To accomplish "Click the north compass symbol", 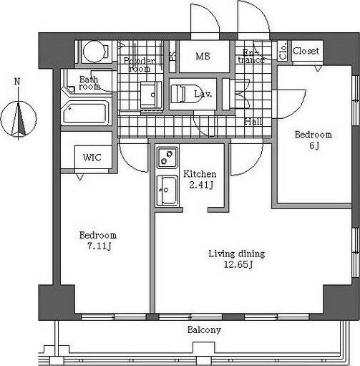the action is (19, 119).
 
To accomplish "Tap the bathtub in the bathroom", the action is (85, 112).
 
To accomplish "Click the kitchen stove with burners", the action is (167, 158).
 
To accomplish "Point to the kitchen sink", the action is (167, 191).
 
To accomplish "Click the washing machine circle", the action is (94, 52).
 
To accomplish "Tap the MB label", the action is (203, 57).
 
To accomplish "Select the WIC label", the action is (92, 158).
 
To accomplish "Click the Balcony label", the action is (204, 330).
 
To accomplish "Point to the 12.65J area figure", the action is (238, 264).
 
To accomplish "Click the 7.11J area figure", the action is (99, 246).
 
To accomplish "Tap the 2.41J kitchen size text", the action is (201, 185).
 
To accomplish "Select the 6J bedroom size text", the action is (314, 145).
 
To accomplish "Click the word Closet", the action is (306, 51).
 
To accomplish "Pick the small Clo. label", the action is (283, 51).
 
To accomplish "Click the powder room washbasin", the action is (151, 95).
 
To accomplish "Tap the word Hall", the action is (253, 122).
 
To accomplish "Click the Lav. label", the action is (203, 94).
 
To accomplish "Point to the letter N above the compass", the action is (17, 82).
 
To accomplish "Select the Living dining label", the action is (237, 254).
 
